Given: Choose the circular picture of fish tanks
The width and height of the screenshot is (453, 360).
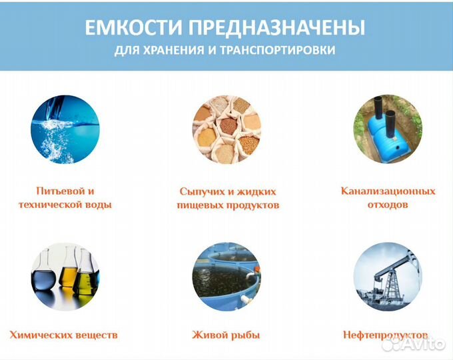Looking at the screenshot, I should click(226, 275).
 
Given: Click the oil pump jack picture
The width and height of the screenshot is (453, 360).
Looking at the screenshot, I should click(388, 275).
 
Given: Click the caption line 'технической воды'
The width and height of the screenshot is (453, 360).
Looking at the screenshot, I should click(65, 205).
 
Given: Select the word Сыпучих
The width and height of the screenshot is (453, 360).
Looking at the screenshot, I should click(199, 191).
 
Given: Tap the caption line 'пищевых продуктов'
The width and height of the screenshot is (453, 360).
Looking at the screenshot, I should click(228, 205).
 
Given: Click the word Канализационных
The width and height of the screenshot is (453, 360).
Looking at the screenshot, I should click(388, 191).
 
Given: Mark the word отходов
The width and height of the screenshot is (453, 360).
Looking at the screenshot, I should click(388, 205).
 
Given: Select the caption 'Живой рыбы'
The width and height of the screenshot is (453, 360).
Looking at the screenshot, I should click(226, 334).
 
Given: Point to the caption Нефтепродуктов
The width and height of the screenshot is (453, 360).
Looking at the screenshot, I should click(386, 334).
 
